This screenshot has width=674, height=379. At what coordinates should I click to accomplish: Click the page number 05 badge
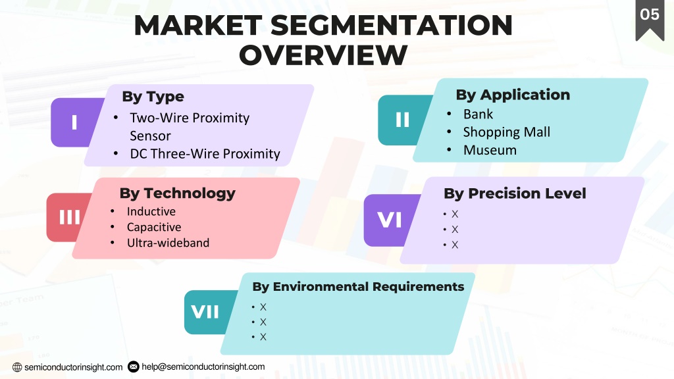click(x=650, y=19)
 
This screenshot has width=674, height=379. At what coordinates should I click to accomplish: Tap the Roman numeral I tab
click(x=75, y=122)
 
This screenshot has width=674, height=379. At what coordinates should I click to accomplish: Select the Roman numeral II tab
click(x=402, y=120)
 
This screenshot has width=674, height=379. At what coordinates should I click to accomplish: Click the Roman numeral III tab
click(x=68, y=217)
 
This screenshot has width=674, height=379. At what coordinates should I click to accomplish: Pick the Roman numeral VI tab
click(x=390, y=220)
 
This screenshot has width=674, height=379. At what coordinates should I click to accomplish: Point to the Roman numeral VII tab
click(x=206, y=312)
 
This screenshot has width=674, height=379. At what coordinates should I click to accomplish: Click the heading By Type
click(x=153, y=97)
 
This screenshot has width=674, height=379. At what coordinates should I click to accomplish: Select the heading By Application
click(x=513, y=95)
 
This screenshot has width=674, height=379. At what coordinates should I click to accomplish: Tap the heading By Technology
click(x=178, y=193)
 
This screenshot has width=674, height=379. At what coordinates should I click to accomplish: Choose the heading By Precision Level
click(x=515, y=193)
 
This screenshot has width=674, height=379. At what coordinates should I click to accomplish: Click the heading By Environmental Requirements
click(x=358, y=287)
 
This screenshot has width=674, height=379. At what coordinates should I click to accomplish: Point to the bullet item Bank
click(x=478, y=114)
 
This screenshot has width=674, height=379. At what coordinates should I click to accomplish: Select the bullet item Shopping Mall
click(x=506, y=132)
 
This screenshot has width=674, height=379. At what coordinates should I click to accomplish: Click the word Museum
click(x=490, y=150)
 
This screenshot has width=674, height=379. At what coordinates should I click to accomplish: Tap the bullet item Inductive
click(x=151, y=211)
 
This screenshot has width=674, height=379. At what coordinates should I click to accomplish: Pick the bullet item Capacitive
click(x=154, y=227)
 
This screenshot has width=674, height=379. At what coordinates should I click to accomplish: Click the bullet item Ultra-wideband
click(x=168, y=243)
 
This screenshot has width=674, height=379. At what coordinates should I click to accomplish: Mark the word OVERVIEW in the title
click(x=323, y=55)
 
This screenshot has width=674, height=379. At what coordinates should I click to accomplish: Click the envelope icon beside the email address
click(x=134, y=367)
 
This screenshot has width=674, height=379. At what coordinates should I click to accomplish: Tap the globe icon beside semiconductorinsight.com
click(x=17, y=367)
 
